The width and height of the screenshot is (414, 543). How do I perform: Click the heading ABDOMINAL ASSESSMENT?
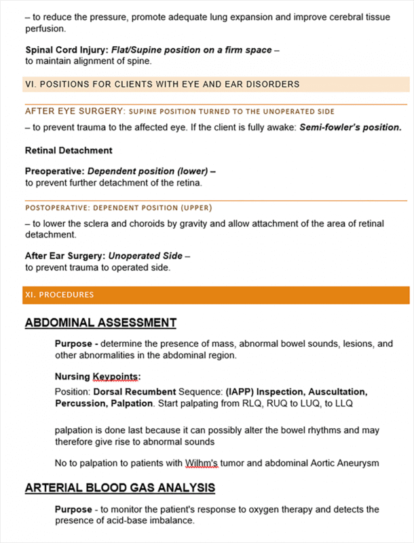(x=100, y=323)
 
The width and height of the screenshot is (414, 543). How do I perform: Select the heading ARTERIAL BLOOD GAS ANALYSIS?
(x=120, y=488)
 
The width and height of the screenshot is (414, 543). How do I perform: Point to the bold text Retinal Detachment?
(x=69, y=150)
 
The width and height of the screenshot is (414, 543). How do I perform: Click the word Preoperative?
(x=54, y=172)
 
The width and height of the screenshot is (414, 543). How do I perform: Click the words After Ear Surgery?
(x=66, y=256)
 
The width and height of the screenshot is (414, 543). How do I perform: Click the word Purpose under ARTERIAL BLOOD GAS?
(x=73, y=509)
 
